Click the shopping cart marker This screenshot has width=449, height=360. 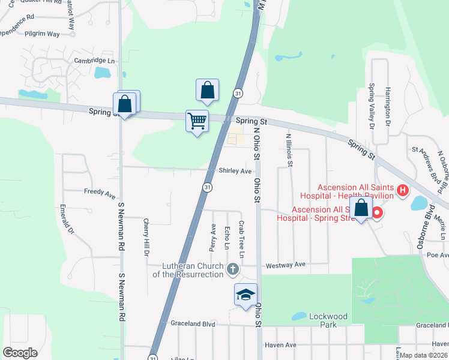pos(197,121)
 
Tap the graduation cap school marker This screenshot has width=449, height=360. pos(246,295)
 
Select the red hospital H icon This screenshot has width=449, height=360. pos(403,191)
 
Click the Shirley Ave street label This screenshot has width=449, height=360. pos(235,171)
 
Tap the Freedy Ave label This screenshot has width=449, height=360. pos(100,195)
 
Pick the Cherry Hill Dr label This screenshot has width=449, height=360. pos(146,236)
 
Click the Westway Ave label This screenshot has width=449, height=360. pos(286,264)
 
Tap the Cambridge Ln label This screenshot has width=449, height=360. pos(94,61)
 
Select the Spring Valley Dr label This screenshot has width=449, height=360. pos(372,106)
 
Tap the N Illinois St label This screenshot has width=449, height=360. pos(289,149)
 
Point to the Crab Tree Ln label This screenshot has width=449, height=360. pos(241,236)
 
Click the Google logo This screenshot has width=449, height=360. pos(20,352)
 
